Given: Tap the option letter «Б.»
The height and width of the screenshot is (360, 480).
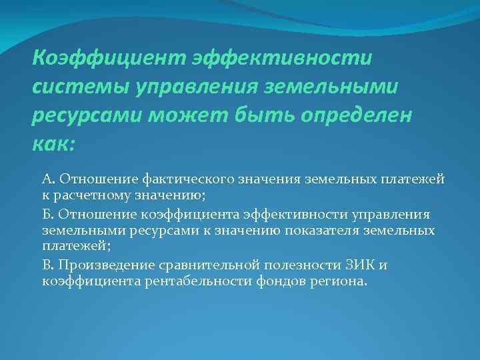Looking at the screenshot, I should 48,214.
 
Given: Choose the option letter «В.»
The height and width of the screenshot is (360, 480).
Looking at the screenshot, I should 48,265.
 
